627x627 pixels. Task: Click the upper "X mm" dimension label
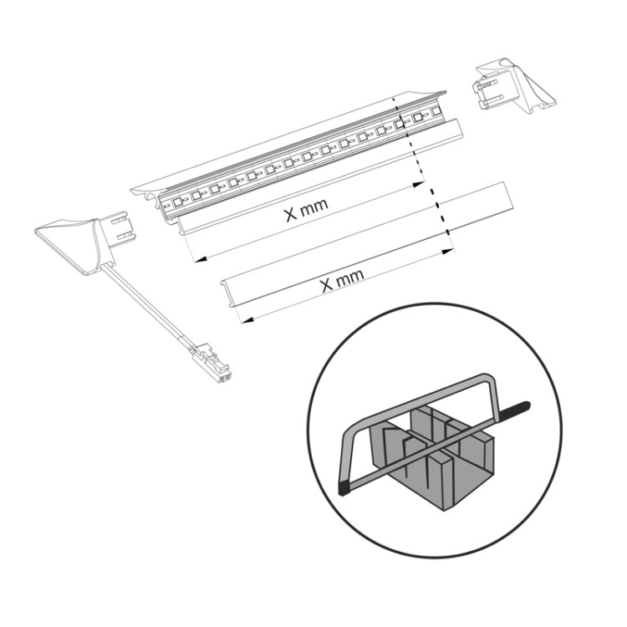[306, 209]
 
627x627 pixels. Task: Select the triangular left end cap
[68, 244]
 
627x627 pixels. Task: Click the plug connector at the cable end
[212, 363]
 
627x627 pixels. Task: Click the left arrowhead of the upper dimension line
[200, 260]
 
